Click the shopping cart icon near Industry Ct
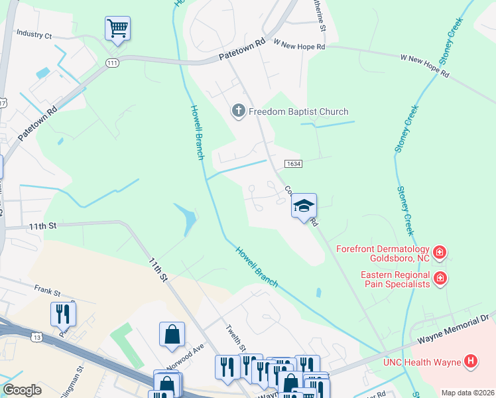pyautogui.click(x=117, y=29)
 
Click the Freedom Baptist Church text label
pyautogui.click(x=298, y=111)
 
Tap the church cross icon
pyautogui.click(x=239, y=111)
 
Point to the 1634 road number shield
pyautogui.click(x=294, y=164)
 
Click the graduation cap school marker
pyautogui.click(x=304, y=206)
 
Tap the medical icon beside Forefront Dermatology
pyautogui.click(x=440, y=253)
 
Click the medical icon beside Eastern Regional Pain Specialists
pyautogui.click(x=439, y=279)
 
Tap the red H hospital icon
pyautogui.click(x=470, y=361)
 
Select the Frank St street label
pyautogui.click(x=48, y=291)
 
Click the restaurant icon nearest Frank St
pyautogui.click(x=63, y=314)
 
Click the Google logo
pyautogui.click(x=23, y=390)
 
